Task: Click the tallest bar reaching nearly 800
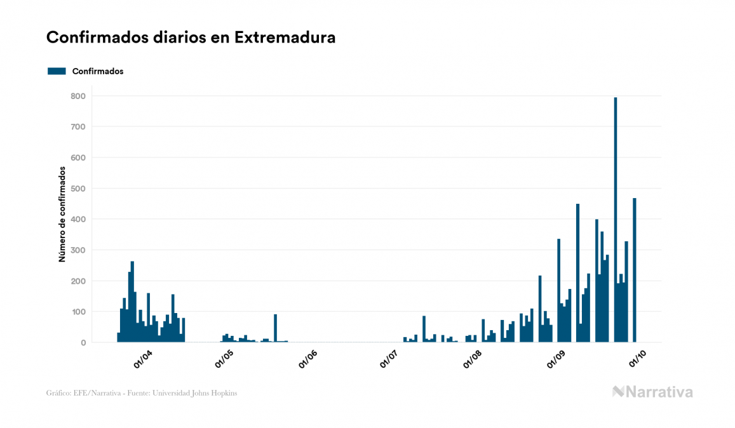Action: click(616, 220)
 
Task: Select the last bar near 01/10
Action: click(635, 271)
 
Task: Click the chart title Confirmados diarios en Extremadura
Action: click(191, 37)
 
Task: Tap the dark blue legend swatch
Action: click(57, 71)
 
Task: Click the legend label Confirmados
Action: click(98, 71)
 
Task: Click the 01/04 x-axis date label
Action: click(142, 359)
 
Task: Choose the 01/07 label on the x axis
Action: click(389, 359)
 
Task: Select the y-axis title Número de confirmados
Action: click(62, 215)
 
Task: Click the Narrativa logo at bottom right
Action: click(652, 392)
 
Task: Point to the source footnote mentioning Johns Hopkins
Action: click(142, 393)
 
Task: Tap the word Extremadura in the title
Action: click(285, 37)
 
